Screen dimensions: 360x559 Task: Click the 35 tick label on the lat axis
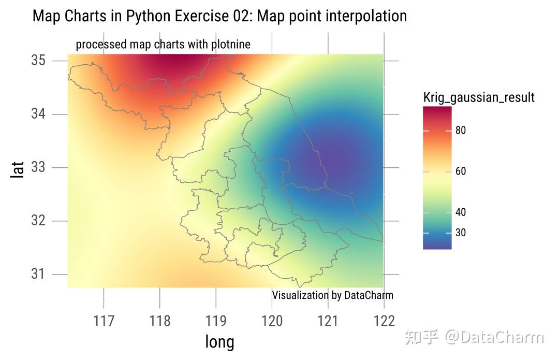pyautogui.click(x=38, y=61)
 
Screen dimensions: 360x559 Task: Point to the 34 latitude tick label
pyautogui.click(x=38, y=114)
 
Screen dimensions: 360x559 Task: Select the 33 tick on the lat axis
pyautogui.click(x=38, y=167)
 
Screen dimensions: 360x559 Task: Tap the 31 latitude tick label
pyautogui.click(x=38, y=274)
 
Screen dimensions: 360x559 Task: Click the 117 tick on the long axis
pyautogui.click(x=104, y=321)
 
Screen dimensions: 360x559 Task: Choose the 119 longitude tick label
pyautogui.click(x=216, y=321)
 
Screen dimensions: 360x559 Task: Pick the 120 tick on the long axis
pyautogui.click(x=272, y=321)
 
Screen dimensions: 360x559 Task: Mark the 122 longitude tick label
pyautogui.click(x=384, y=321)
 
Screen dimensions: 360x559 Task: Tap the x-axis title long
pyautogui.click(x=219, y=342)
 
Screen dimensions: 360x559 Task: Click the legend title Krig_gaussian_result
pyautogui.click(x=479, y=97)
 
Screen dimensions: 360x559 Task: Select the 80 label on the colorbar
pyautogui.click(x=460, y=131)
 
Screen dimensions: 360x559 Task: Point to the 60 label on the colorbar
pyautogui.click(x=460, y=171)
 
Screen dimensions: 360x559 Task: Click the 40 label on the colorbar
pyautogui.click(x=460, y=212)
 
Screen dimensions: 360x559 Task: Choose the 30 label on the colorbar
pyautogui.click(x=460, y=233)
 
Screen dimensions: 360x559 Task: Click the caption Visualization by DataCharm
pyautogui.click(x=332, y=295)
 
